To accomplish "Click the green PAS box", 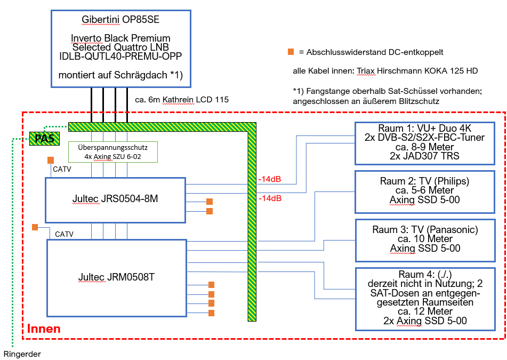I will [44, 139].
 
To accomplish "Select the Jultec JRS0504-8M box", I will [115, 199].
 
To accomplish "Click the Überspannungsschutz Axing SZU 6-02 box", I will [113, 152].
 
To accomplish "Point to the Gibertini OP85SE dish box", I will [120, 49].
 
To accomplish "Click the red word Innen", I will [44, 329].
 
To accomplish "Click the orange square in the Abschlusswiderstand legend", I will [291, 52].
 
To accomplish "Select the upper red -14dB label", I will [269, 179].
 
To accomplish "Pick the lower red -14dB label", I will [269, 198].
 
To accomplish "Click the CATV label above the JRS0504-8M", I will [61, 170].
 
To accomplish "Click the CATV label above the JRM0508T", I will [64, 234].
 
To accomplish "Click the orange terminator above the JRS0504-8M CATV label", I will [51, 160].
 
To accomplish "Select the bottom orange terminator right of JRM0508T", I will [211, 313].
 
